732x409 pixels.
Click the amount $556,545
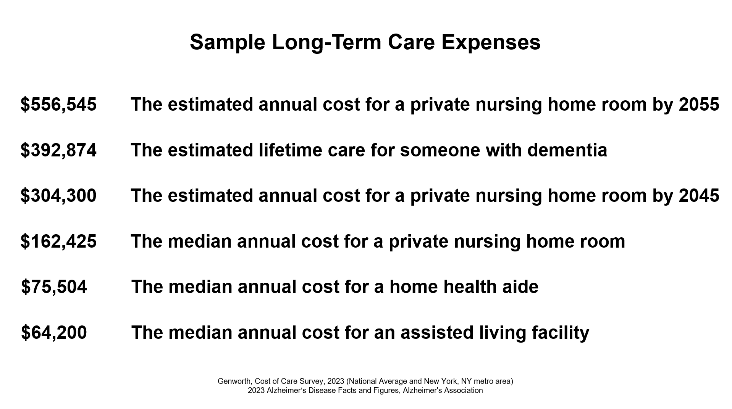coord(58,105)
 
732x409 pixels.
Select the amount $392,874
coord(58,150)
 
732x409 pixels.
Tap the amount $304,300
coord(58,196)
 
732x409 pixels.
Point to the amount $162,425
coord(58,242)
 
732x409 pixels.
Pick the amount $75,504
coord(54,287)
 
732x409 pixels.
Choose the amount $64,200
coord(54,333)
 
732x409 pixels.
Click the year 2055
coord(699,105)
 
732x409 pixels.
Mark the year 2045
coord(699,196)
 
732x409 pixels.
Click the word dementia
coord(567,150)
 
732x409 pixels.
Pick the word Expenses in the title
coord(491,43)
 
